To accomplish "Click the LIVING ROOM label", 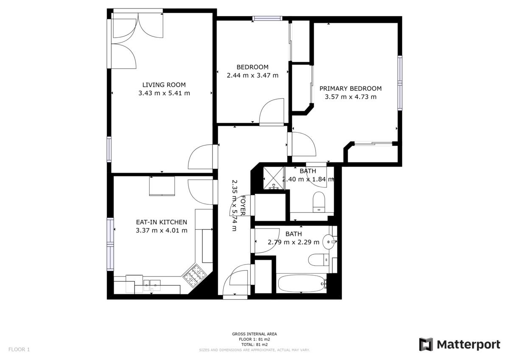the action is click(x=164, y=85).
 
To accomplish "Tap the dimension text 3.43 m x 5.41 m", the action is click(x=164, y=93).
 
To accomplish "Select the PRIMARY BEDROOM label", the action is click(x=350, y=89).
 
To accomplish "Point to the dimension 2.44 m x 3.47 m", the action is click(x=252, y=75).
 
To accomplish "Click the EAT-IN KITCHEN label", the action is click(x=161, y=222).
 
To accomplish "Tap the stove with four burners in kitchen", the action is click(x=195, y=275).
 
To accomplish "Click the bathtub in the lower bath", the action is click(x=301, y=283).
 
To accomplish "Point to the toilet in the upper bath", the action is click(x=319, y=202).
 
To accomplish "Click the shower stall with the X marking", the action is click(x=274, y=178).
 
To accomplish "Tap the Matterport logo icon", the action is click(x=426, y=344).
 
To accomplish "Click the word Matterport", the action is click(x=469, y=345).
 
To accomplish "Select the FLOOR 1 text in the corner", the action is click(x=19, y=349).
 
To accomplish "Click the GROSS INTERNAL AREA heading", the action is click(x=255, y=334).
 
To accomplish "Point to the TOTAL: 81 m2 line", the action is click(x=255, y=345).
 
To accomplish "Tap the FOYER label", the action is click(x=243, y=205).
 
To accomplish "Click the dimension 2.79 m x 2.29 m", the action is click(x=294, y=242).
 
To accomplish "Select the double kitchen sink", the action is click(x=152, y=285).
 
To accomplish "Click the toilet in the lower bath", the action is click(x=319, y=260).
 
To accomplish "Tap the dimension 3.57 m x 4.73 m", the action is click(x=350, y=97).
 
